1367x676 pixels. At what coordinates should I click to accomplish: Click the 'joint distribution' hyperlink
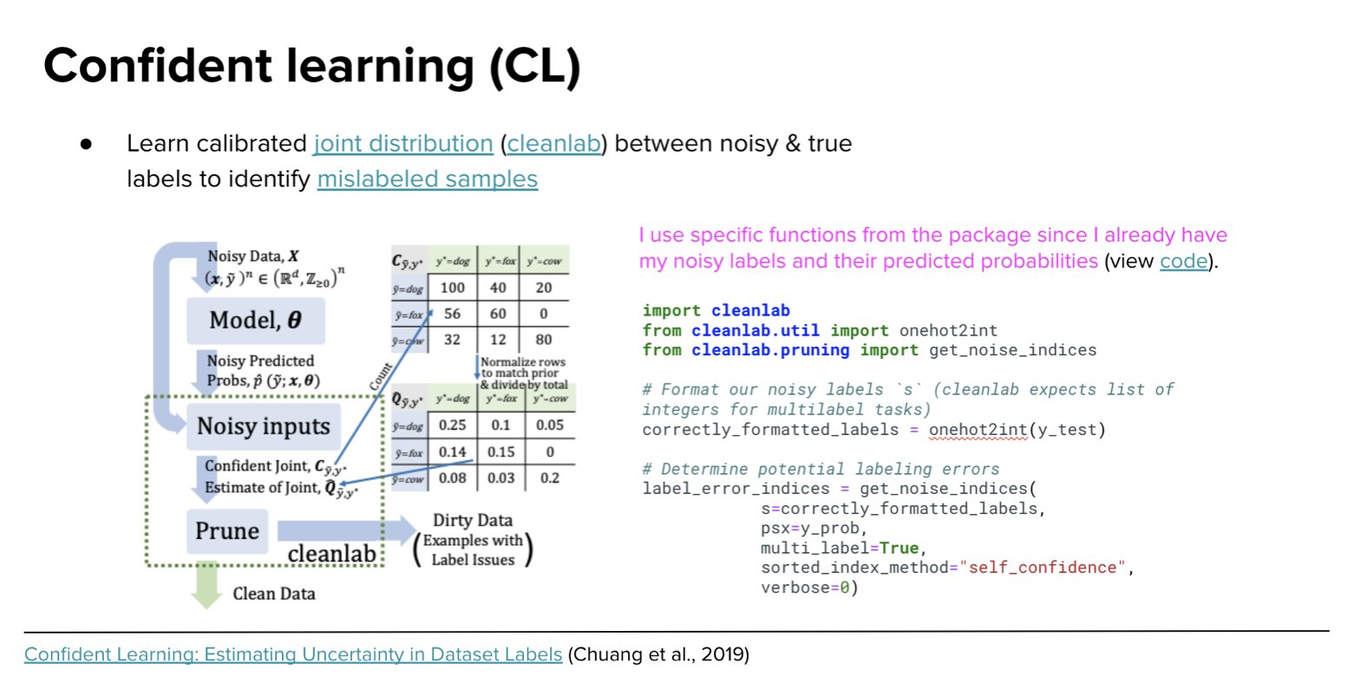402,144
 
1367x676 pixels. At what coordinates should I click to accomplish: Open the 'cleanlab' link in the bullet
553,144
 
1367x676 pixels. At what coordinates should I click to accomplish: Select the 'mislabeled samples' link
427,179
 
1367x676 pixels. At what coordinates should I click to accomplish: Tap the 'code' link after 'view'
1183,262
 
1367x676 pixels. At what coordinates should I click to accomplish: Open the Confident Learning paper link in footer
293,654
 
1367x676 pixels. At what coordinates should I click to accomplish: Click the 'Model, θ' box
256,321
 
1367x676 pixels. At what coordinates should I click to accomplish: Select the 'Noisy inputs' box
264,426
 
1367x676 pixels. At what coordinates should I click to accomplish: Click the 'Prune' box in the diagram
227,531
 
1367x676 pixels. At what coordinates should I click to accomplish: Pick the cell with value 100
453,288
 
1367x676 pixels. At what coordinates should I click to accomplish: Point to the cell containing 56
452,314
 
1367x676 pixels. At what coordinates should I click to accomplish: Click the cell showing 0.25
452,426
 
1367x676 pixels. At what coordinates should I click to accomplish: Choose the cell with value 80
544,340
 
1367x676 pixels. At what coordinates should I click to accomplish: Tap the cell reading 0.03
500,478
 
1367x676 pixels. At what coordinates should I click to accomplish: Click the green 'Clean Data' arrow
206,587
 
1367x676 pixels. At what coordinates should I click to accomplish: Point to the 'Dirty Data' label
473,520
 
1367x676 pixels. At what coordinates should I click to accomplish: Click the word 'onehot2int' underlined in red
978,430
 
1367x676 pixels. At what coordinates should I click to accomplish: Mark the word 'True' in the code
899,548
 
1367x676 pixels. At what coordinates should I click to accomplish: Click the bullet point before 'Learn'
86,144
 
